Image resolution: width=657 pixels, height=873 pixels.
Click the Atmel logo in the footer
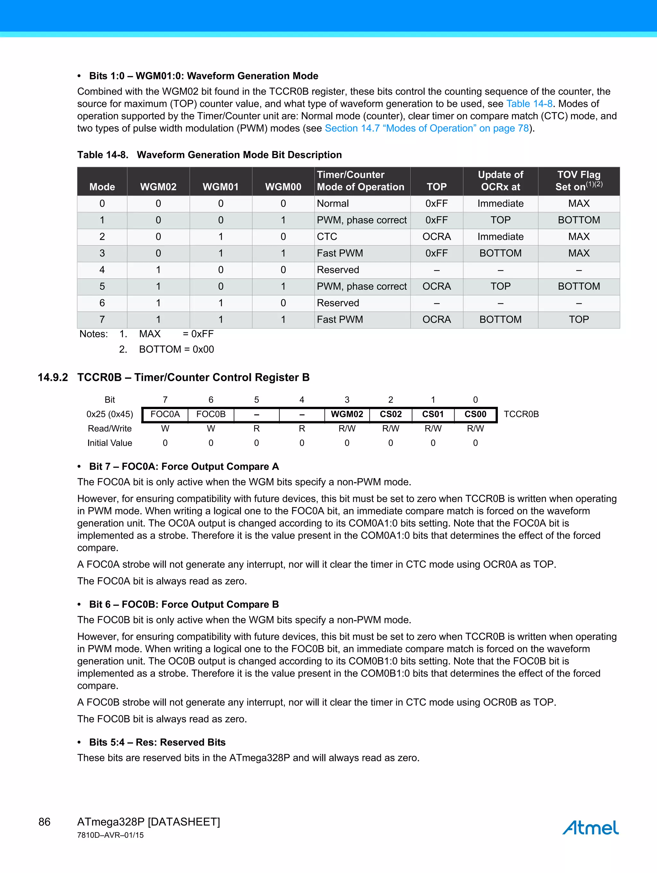tap(590, 827)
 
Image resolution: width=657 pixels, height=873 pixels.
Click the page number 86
tap(44, 822)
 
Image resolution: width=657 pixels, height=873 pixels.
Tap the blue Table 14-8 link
tap(529, 104)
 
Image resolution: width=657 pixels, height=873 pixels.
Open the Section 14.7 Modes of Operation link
tap(426, 128)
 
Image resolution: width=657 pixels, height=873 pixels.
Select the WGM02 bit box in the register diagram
tap(347, 414)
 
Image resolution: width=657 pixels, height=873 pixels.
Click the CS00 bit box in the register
tap(475, 414)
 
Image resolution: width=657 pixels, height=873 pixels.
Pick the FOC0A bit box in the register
tap(165, 414)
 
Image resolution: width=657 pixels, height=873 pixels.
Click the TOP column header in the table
tap(436, 187)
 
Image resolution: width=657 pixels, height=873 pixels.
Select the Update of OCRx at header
tap(500, 181)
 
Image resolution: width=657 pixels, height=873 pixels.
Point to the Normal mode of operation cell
tap(333, 203)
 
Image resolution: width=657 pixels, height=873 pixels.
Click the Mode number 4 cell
tap(102, 270)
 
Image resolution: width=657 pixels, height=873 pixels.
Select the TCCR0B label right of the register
tap(521, 414)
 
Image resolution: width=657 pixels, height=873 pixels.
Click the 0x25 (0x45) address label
tap(110, 414)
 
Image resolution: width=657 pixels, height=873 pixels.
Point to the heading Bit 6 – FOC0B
tap(184, 604)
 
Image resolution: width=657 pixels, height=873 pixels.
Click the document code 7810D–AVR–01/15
tap(110, 835)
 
